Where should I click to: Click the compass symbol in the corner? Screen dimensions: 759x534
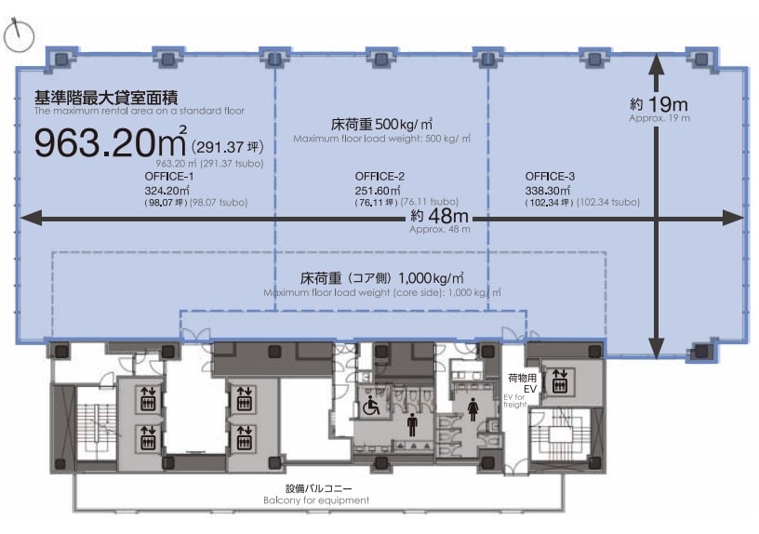pyautogui.click(x=19, y=34)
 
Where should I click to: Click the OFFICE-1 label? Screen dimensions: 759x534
pyautogui.click(x=169, y=176)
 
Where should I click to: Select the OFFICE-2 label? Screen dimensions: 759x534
pyautogui.click(x=379, y=176)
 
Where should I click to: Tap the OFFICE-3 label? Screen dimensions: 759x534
pyautogui.click(x=550, y=176)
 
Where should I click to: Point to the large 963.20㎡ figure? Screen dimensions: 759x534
pyautogui.click(x=111, y=143)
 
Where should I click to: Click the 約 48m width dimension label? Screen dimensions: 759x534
pyautogui.click(x=440, y=215)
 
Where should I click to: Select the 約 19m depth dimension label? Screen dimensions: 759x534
pyautogui.click(x=659, y=103)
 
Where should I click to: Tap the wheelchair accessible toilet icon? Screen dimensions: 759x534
pyautogui.click(x=371, y=406)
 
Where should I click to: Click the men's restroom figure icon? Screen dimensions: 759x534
pyautogui.click(x=412, y=424)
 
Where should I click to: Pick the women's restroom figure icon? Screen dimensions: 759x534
pyautogui.click(x=473, y=409)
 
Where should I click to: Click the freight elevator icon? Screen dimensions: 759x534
pyautogui.click(x=560, y=380)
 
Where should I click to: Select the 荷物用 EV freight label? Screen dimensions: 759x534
pyautogui.click(x=522, y=383)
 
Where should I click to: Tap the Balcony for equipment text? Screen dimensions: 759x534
pyautogui.click(x=316, y=501)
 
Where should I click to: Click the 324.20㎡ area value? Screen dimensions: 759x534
pyautogui.click(x=166, y=191)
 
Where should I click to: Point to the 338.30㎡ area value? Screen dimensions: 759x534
pyautogui.click(x=548, y=191)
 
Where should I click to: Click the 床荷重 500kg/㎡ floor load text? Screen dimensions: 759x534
pyautogui.click(x=381, y=125)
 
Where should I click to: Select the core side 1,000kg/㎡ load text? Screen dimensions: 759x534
pyautogui.click(x=381, y=278)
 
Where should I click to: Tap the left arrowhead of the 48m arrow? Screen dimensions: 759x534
pyautogui.click(x=29, y=219)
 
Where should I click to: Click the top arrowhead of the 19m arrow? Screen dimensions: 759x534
pyautogui.click(x=656, y=64)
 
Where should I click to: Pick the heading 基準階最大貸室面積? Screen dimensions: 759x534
pyautogui.click(x=106, y=98)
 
